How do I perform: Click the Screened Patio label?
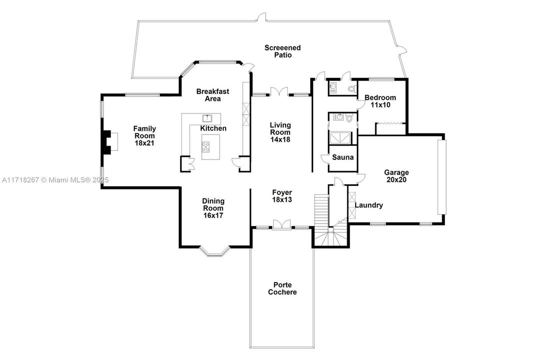(x=282, y=51)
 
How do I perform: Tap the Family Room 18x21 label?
(x=145, y=135)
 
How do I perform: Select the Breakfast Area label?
(x=212, y=95)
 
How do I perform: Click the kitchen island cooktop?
(x=206, y=147)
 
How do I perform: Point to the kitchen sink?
(x=207, y=118)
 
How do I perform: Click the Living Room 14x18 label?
(x=280, y=132)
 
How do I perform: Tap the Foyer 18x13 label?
(x=282, y=196)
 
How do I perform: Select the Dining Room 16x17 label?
(x=213, y=208)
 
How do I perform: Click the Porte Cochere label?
(x=282, y=288)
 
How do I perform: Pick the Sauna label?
(x=343, y=157)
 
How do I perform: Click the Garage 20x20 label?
(x=397, y=176)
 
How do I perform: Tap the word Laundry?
(x=369, y=205)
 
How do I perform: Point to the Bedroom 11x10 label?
(x=380, y=101)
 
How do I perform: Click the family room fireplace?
(x=109, y=141)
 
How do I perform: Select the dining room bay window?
(x=215, y=251)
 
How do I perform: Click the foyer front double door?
(x=282, y=224)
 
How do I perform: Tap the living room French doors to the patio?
(x=279, y=91)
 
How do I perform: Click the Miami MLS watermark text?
(x=55, y=179)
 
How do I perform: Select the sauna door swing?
(x=325, y=158)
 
